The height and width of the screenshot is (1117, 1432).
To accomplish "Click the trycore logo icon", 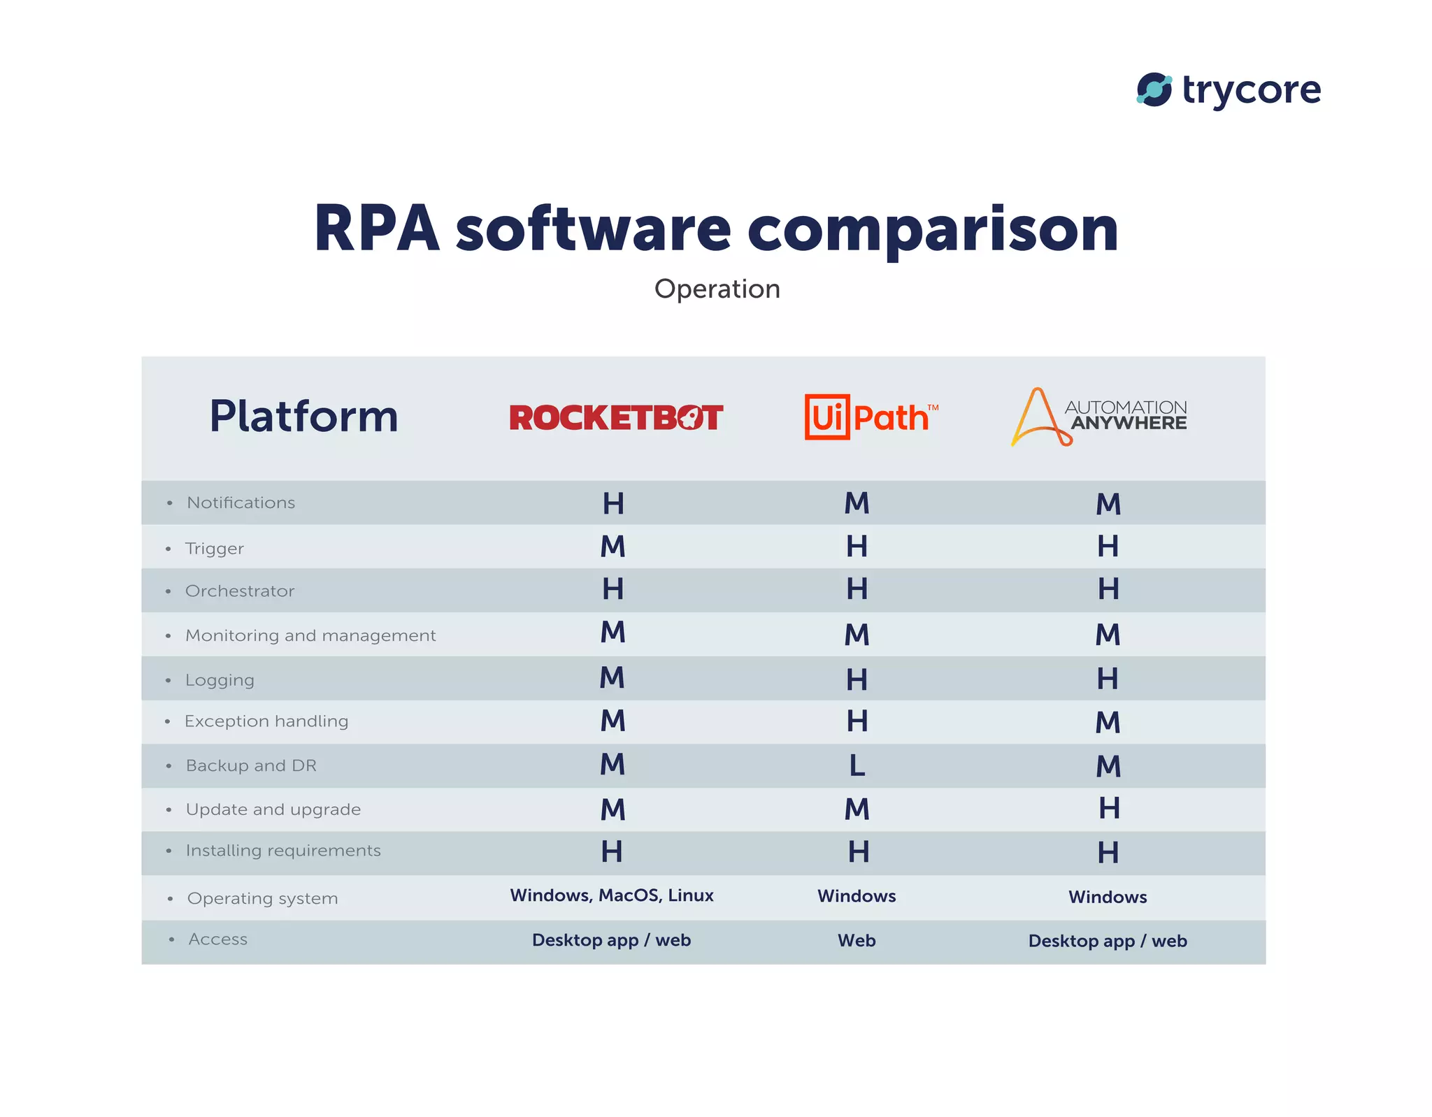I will [1154, 89].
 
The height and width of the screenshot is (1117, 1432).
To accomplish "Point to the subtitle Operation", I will [717, 289].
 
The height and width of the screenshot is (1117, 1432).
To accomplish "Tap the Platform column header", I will [303, 417].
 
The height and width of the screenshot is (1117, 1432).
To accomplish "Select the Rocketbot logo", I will [615, 417].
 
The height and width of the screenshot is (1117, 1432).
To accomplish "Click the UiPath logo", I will [870, 417].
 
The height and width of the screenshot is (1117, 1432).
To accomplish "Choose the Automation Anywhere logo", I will [1098, 417].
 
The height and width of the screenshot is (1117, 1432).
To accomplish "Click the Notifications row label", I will [241, 503].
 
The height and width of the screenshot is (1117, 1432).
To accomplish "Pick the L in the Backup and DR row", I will [857, 765].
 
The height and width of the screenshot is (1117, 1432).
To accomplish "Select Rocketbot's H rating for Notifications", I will [613, 503].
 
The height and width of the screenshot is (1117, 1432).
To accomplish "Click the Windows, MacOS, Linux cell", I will [612, 895].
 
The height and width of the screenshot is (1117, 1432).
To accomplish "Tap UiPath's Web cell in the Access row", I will [857, 941].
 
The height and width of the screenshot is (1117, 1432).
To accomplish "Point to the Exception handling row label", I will [266, 721].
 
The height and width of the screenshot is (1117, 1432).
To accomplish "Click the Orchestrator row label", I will [240, 591].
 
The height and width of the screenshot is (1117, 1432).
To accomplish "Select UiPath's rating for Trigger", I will [857, 547].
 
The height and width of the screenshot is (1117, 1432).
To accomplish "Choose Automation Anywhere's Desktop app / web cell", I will [1108, 941].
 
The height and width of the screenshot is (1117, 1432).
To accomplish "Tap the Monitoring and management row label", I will [310, 635].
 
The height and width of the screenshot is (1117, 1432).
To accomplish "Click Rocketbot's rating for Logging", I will [613, 678].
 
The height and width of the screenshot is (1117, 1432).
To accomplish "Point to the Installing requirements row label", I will [283, 851].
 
